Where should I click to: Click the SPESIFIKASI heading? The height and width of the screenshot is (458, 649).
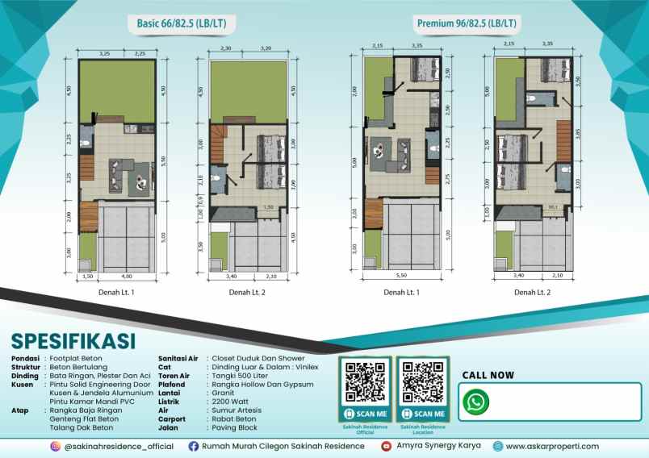click(x=73, y=340)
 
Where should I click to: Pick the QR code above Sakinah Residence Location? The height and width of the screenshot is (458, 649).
click(x=421, y=382)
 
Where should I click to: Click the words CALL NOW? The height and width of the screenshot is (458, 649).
click(x=488, y=375)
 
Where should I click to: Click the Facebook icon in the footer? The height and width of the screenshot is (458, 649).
click(x=193, y=446)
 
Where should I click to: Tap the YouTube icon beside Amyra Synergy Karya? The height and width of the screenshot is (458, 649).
click(x=387, y=446)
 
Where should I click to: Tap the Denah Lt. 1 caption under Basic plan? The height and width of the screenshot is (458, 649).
click(x=117, y=292)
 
